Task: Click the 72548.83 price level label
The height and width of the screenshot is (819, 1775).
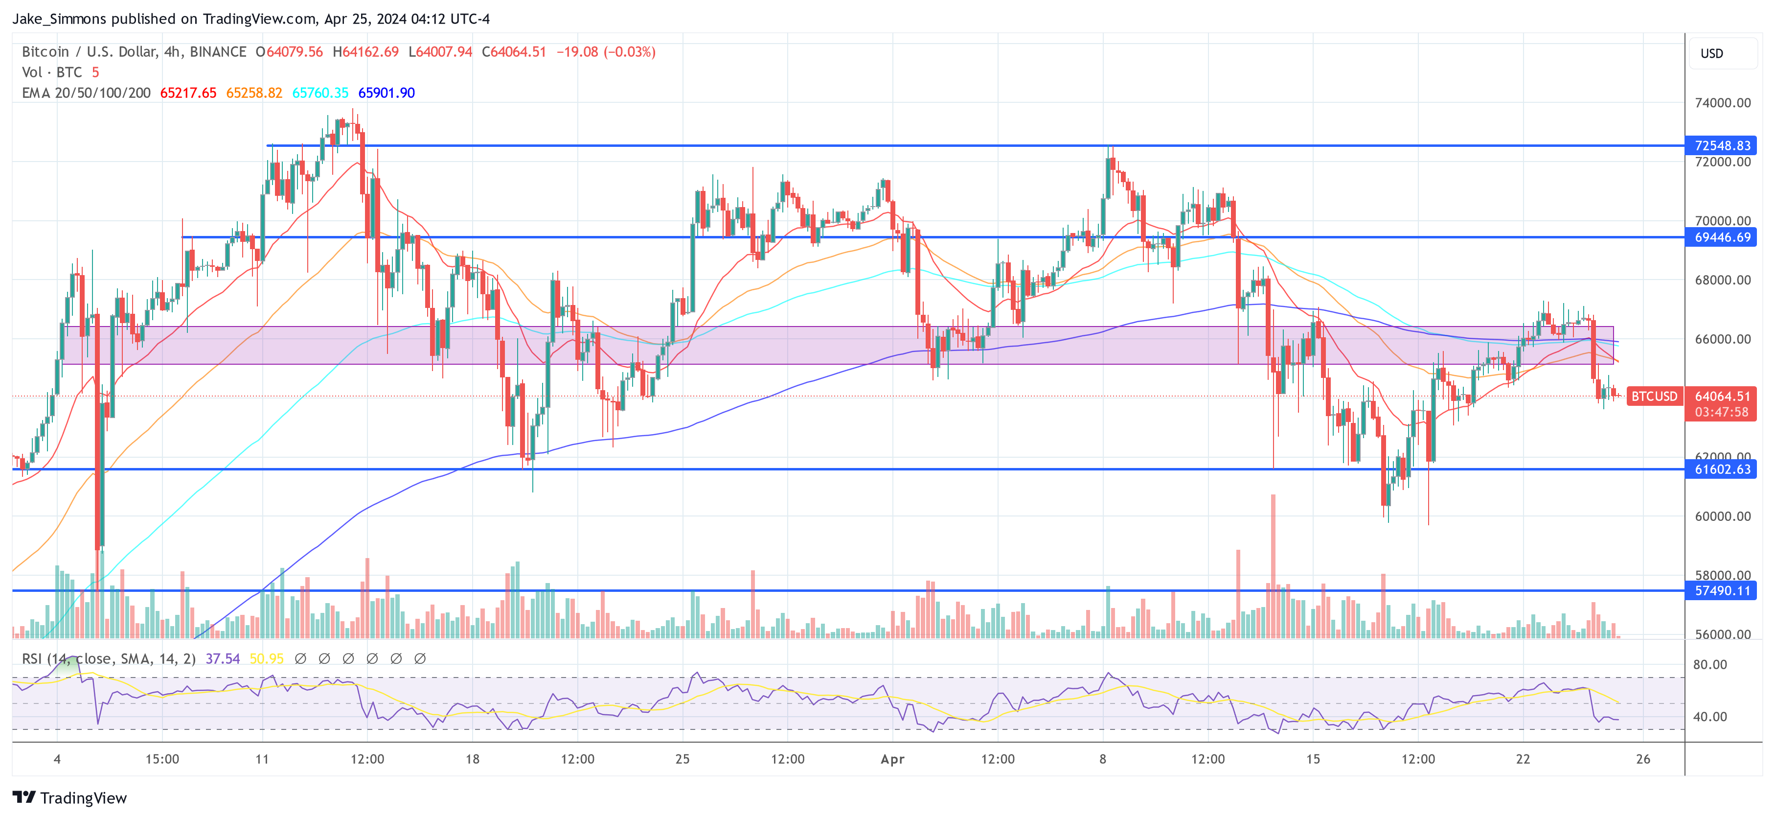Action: coord(1721,145)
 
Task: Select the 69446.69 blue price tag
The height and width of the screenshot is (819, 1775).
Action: coord(1721,237)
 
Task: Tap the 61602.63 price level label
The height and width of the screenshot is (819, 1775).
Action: coord(1721,469)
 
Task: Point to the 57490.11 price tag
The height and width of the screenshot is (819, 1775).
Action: coord(1721,591)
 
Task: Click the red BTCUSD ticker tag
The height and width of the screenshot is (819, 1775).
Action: coord(1654,397)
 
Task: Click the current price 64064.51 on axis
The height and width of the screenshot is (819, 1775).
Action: coord(1721,397)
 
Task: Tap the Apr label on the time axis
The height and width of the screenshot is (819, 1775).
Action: coord(892,759)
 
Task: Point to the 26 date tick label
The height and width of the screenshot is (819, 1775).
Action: coord(1643,759)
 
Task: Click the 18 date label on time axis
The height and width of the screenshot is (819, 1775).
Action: coord(472,759)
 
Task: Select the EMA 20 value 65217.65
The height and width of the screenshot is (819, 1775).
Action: coord(188,93)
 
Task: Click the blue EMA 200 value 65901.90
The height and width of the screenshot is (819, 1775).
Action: coord(386,93)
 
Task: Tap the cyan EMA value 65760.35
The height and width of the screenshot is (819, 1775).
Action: coord(320,93)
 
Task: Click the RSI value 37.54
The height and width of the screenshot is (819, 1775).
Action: coord(223,659)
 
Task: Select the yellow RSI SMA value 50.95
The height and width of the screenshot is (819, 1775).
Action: coord(266,659)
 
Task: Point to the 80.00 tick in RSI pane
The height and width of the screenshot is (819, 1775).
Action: coord(1709,665)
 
